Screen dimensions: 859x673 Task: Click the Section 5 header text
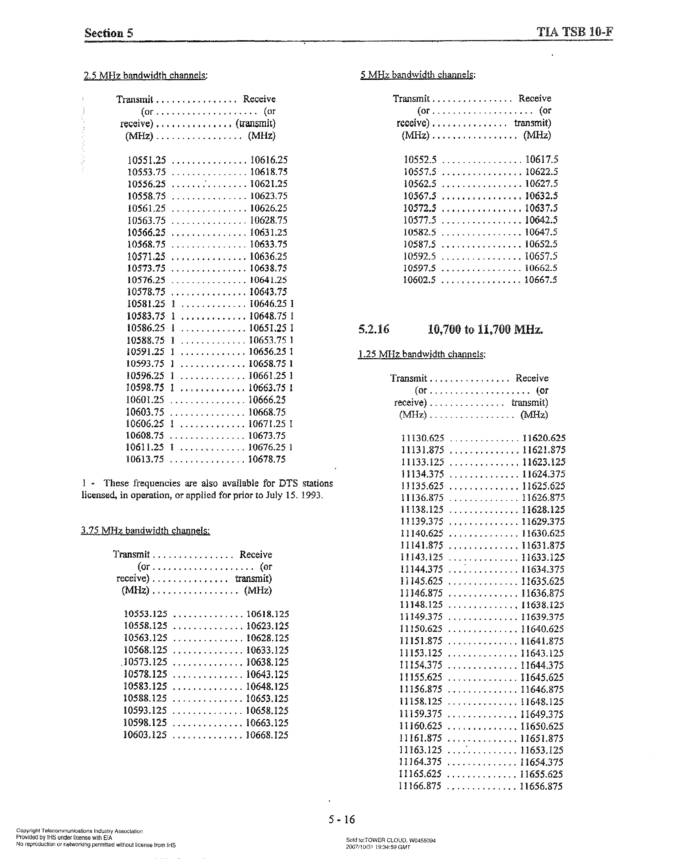point(109,33)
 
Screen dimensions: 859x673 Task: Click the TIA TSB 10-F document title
point(574,32)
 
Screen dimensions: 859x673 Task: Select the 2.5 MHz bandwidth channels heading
point(145,75)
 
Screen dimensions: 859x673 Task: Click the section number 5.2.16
point(373,329)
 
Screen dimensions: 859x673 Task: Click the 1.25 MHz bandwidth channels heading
point(421,354)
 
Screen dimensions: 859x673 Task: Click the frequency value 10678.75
point(267,459)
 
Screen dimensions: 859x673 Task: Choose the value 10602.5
point(419,280)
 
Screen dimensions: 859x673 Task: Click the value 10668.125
point(267,735)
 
